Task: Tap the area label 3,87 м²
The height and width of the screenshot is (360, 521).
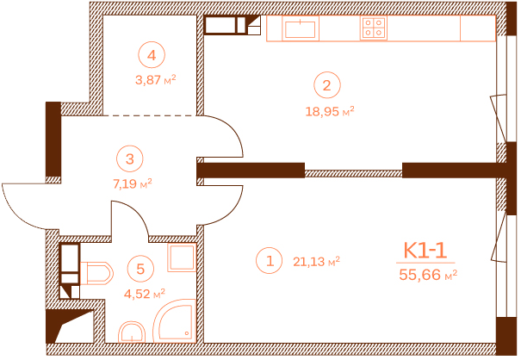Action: [155, 79]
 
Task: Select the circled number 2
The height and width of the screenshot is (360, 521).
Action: [326, 85]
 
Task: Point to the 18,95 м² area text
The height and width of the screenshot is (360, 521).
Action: [329, 110]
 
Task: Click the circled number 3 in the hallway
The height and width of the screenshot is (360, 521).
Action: [129, 158]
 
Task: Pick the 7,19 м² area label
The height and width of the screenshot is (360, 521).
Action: [132, 183]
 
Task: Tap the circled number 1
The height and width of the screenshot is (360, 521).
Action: [270, 259]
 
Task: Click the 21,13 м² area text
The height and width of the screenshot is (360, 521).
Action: [316, 260]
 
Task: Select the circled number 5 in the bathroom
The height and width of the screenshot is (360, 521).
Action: [140, 268]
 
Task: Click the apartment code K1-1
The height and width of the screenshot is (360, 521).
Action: [425, 251]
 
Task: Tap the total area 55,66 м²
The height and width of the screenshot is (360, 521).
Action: [427, 275]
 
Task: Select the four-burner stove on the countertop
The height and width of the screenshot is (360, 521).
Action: [373, 28]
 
